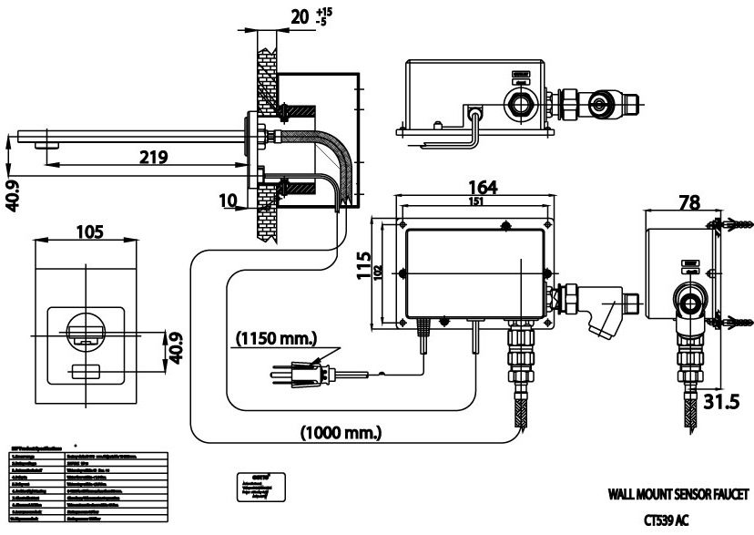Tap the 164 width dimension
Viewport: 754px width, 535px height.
(482, 187)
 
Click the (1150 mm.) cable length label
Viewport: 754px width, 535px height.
(276, 339)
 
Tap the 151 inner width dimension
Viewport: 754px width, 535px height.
(475, 201)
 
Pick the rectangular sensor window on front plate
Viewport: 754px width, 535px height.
(86, 372)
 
